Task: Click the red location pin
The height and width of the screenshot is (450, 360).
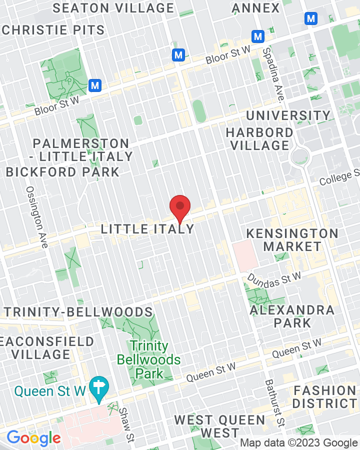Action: click(180, 207)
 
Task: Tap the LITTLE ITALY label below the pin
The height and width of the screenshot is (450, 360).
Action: click(147, 229)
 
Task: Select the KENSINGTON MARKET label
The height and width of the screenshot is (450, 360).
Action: click(292, 240)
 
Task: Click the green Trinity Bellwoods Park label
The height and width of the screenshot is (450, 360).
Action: click(148, 359)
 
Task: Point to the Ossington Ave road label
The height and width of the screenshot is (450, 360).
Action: click(37, 217)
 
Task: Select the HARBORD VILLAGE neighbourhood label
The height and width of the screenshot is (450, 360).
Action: click(259, 139)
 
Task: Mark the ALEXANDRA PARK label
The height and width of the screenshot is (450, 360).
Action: click(292, 316)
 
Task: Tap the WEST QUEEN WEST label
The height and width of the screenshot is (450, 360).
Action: click(220, 426)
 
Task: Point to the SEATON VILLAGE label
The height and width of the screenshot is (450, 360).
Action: click(113, 8)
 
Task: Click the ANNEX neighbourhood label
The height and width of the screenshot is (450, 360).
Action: click(256, 8)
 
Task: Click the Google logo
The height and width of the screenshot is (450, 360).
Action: click(34, 438)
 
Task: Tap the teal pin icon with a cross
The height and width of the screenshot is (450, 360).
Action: click(98, 388)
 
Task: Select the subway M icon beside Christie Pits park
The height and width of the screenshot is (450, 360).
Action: click(95, 85)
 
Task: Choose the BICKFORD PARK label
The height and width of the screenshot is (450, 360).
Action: click(62, 172)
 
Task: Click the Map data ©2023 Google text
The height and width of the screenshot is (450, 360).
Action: click(299, 442)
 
